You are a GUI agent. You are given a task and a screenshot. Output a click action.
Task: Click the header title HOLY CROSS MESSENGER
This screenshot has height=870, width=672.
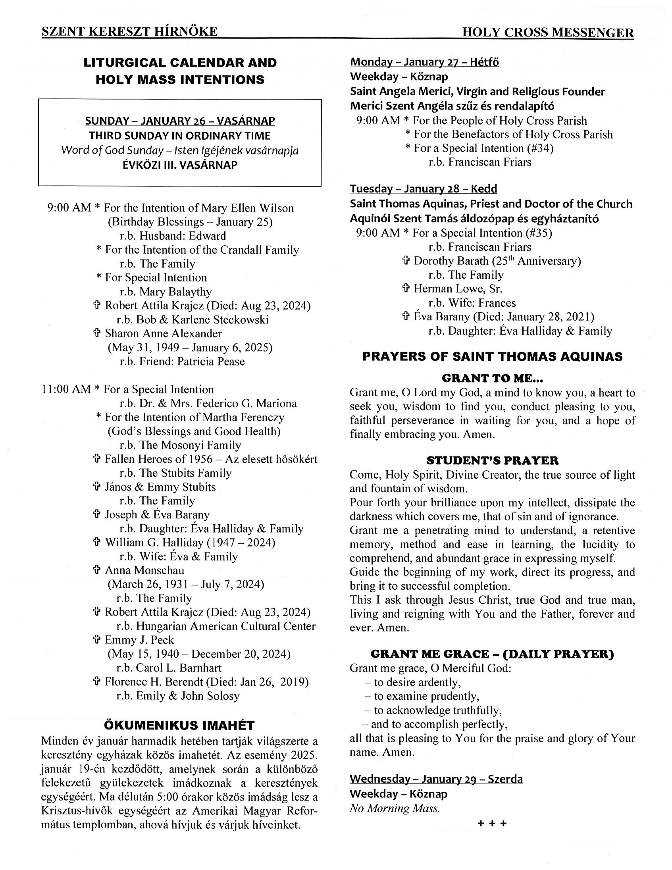[548, 33]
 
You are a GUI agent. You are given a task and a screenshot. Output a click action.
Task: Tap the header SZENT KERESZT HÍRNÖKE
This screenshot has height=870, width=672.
[129, 31]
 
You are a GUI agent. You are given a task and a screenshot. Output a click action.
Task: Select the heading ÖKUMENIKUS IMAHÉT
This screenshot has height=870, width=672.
[179, 725]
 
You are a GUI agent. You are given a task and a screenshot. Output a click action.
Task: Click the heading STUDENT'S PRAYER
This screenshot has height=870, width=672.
[492, 460]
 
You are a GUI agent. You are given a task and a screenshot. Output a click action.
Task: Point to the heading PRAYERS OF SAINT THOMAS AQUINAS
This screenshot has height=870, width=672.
[492, 356]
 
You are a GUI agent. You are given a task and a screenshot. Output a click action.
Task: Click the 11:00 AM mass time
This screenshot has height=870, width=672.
[66, 389]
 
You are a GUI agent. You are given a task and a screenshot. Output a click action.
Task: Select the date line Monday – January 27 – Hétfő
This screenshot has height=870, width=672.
[424, 62]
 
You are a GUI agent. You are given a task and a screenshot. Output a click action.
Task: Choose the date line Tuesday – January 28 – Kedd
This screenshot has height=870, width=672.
[424, 189]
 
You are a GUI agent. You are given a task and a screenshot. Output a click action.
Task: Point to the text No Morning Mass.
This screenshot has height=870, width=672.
[395, 808]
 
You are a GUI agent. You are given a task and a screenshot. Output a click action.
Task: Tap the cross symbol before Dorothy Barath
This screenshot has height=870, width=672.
[406, 261]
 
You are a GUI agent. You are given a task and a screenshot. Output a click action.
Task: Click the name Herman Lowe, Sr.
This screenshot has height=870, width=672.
[458, 289]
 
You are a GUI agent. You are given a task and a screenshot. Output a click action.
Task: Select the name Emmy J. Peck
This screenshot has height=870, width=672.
[139, 640]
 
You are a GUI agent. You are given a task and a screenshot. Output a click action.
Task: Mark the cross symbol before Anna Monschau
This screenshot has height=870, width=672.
[96, 570]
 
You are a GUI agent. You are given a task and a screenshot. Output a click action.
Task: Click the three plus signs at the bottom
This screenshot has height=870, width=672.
[492, 824]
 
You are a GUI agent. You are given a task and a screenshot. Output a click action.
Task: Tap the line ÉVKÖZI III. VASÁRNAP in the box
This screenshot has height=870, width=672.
[180, 165]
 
